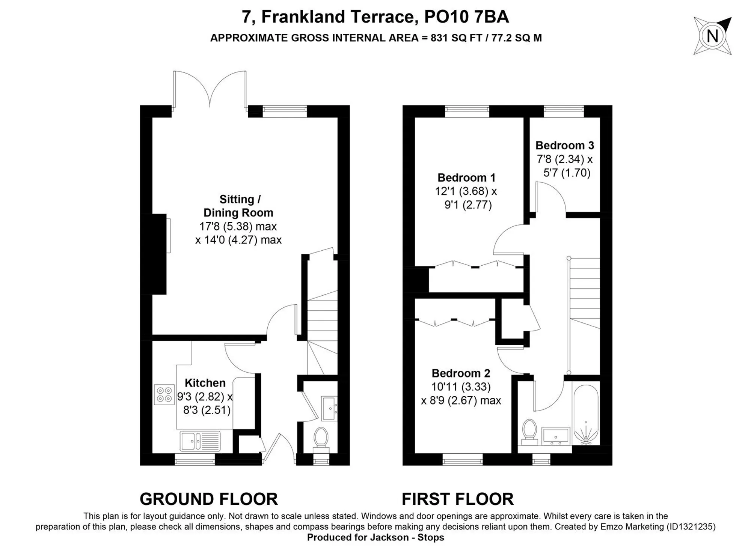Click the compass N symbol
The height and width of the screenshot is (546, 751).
(x=712, y=36)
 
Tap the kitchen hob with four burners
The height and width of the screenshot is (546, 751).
(x=164, y=394)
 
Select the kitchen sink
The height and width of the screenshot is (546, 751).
(x=200, y=441)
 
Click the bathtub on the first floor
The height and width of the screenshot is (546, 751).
(x=586, y=415)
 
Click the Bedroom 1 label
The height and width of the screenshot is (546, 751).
(x=466, y=177)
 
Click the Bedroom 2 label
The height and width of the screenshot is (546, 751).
(x=461, y=373)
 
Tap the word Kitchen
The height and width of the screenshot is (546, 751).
(x=205, y=383)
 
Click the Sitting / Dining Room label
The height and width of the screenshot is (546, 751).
(x=238, y=206)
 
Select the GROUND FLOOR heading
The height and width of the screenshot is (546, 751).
(x=209, y=499)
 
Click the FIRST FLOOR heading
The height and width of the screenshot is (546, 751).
(x=458, y=499)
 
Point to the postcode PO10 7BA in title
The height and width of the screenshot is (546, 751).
(x=466, y=17)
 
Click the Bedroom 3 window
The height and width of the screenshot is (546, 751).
(x=564, y=111)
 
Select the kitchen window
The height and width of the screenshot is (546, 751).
(x=195, y=459)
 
